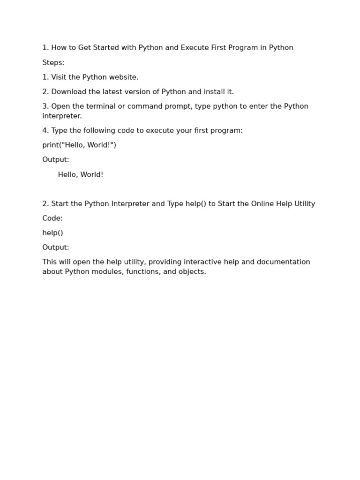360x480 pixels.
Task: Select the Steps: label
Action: coord(53,63)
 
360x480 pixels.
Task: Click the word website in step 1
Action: coord(123,77)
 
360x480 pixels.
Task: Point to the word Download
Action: coord(67,92)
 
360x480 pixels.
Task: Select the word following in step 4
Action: coord(102,130)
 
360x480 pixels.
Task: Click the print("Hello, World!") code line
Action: coord(79,145)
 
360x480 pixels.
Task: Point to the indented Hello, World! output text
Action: coord(81,175)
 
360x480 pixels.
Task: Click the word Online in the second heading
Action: coord(264,204)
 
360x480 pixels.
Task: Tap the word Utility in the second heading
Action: coord(305,204)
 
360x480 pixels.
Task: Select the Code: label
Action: coord(52,218)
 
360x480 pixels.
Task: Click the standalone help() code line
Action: coord(52,233)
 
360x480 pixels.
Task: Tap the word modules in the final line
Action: coord(107,272)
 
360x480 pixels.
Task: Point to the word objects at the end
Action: coord(193,272)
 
